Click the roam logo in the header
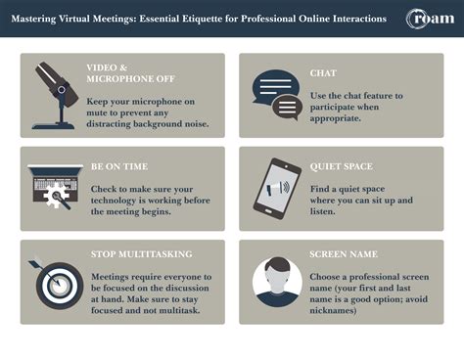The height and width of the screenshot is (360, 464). [430, 19]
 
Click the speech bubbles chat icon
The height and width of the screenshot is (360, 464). [277, 94]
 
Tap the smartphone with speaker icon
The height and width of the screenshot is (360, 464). [276, 188]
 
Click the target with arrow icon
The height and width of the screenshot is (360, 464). [57, 281]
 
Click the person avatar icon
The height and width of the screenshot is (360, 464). [277, 281]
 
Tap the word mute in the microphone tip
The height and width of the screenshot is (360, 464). [105, 114]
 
